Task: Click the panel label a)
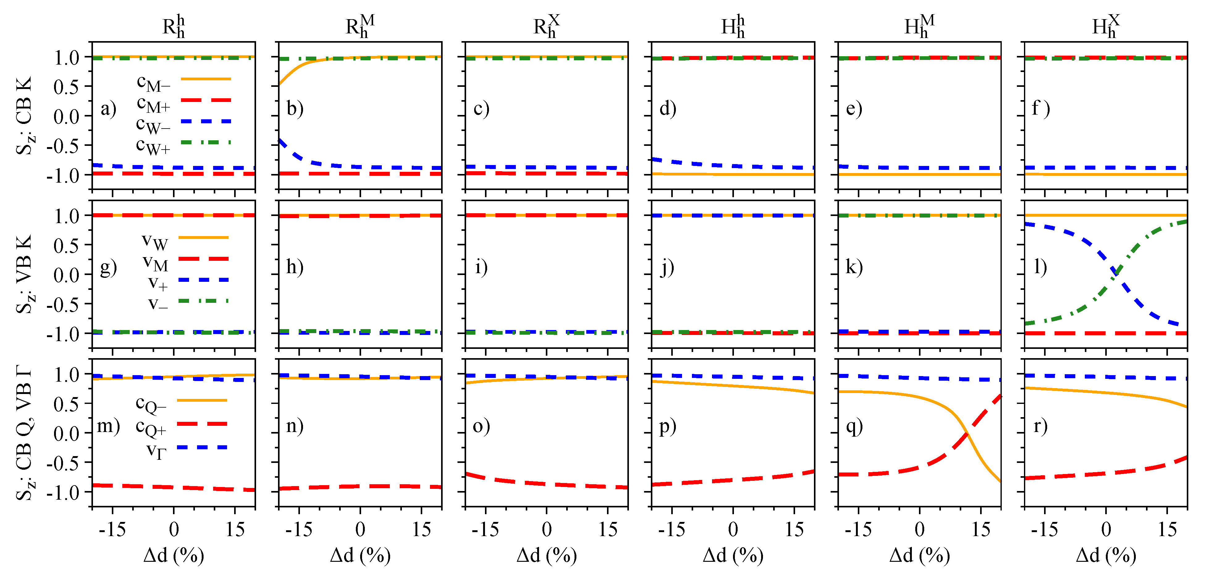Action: pos(108,109)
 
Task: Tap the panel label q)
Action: pos(854,426)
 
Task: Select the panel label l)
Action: pos(1040,267)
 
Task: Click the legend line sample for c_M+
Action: pos(206,100)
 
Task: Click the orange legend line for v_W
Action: pos(204,238)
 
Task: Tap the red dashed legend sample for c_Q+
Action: pos(202,424)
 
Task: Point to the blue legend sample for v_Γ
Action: pos(202,448)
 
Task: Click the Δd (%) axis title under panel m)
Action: pos(174,556)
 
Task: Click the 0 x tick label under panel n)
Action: pos(360,530)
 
